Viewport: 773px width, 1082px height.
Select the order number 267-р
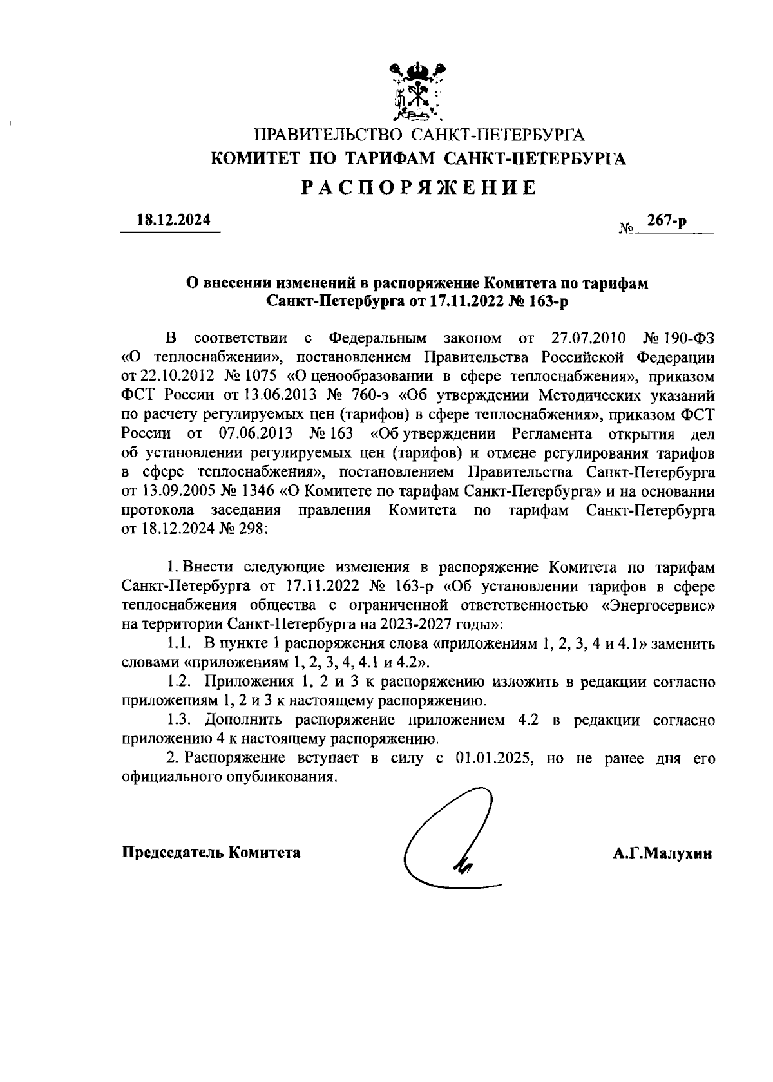667,221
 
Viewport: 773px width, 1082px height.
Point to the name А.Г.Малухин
662,854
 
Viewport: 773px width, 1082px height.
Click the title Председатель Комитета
211,853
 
